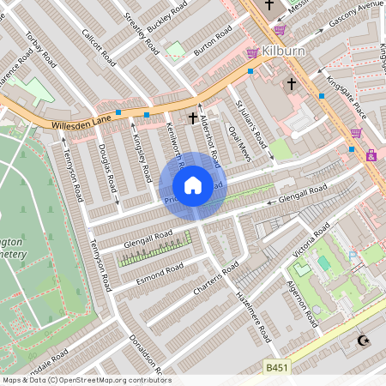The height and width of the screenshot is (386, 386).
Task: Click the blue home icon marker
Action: click(193, 185)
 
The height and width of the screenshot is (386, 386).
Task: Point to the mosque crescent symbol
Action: click(360, 341)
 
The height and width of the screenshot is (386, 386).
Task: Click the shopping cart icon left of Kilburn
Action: click(252, 53)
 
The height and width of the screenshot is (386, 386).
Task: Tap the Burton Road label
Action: click(213, 41)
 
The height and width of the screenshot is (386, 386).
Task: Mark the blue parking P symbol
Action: click(353, 255)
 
